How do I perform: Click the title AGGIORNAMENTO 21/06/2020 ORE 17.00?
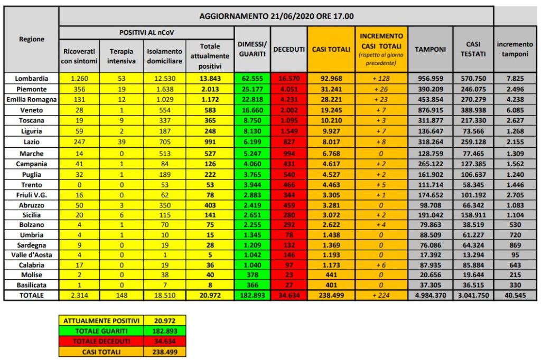276,16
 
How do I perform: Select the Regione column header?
32,39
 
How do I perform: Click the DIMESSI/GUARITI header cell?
252,49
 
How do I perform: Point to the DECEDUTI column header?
288,49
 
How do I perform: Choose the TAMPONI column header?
430,49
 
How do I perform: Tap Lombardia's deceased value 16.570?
288,78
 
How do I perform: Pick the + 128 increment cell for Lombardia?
381,78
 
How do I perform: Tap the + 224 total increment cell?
381,295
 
